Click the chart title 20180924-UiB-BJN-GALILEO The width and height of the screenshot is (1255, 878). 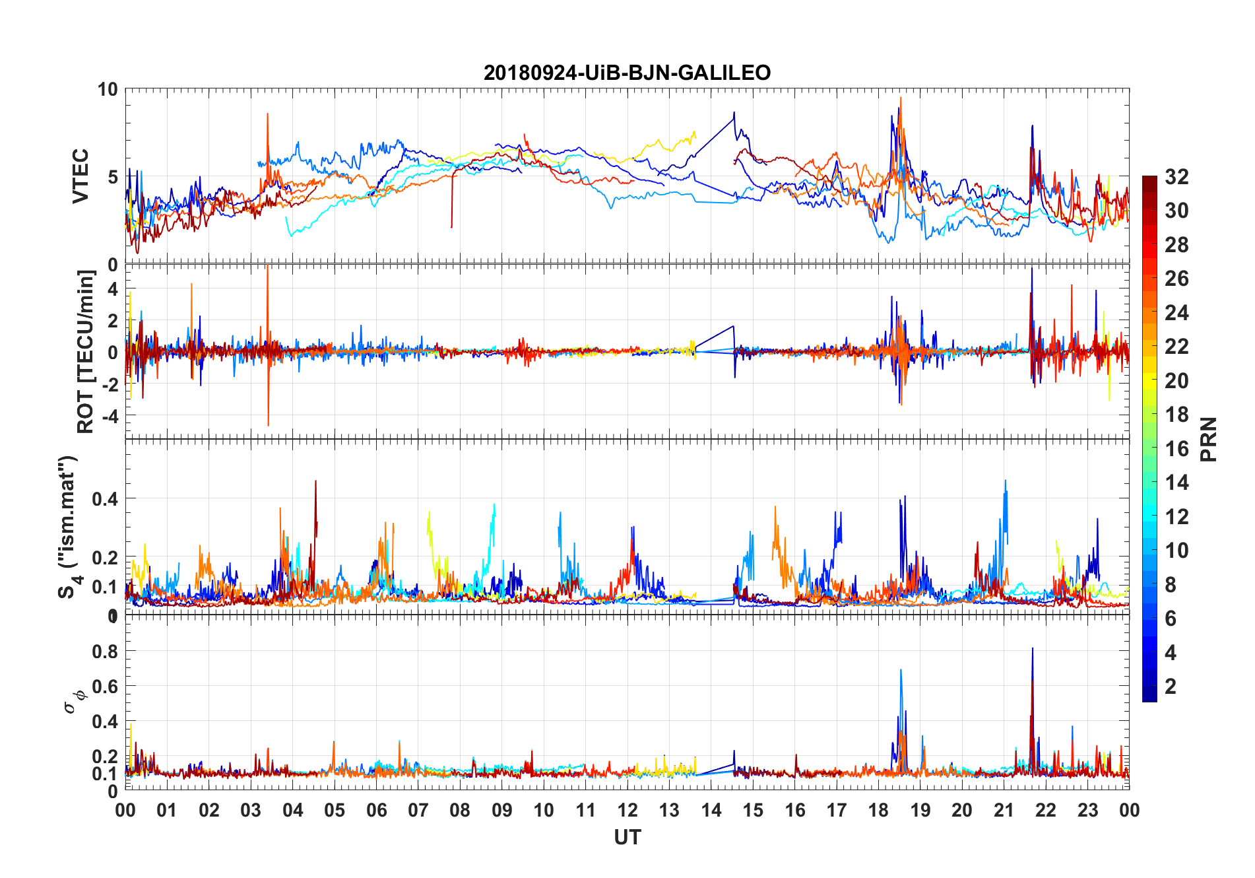click(627, 73)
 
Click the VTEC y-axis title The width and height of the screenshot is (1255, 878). click(80, 176)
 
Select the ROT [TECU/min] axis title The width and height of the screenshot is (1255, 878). click(86, 351)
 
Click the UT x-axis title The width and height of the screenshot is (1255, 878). click(627, 838)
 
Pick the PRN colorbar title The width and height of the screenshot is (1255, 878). click(1208, 439)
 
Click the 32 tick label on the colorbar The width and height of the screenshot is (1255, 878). click(1176, 177)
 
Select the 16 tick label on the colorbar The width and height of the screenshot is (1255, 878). click(1176, 449)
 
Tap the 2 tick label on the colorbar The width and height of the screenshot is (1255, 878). click(1171, 687)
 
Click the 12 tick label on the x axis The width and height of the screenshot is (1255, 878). click(627, 811)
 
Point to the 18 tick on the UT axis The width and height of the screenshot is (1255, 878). click(878, 811)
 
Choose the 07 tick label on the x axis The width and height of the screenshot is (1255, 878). click(418, 811)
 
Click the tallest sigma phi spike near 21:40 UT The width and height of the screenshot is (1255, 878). click(1032, 649)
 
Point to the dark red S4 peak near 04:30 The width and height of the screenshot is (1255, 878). click(315, 481)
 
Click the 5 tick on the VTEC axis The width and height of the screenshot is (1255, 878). click(113, 177)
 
